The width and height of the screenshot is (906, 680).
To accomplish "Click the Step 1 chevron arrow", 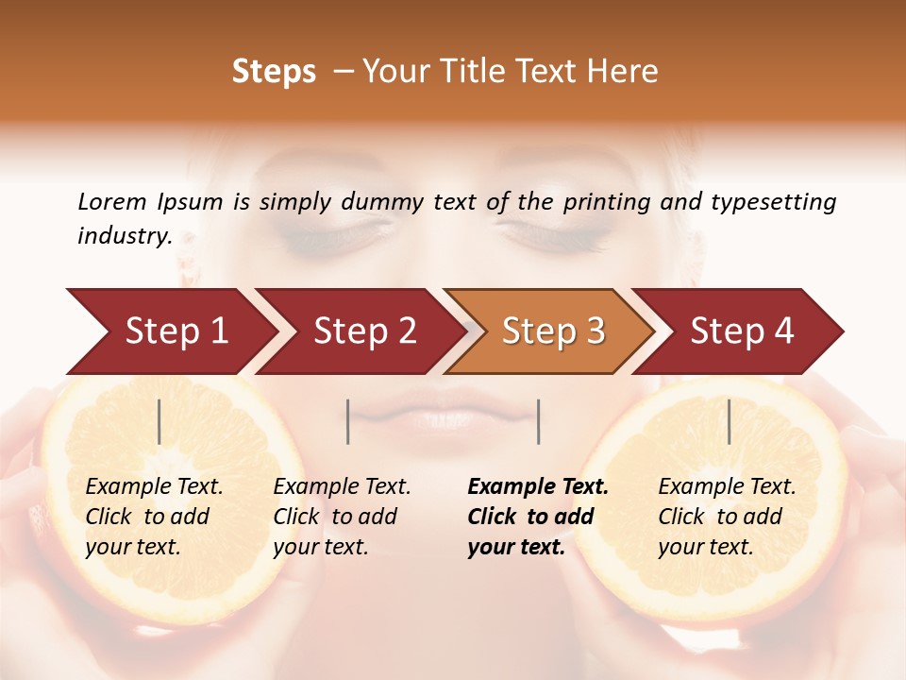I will coord(170,331).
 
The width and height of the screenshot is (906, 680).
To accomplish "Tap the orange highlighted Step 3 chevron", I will coord(551,331).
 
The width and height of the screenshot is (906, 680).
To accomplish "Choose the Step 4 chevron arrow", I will coord(740,331).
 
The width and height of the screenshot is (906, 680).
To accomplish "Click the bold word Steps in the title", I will coord(274,72).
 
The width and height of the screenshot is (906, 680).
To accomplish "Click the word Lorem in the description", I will coord(111,201).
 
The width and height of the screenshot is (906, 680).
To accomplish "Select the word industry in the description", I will coord(125,236).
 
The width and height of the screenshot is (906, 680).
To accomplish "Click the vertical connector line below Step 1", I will coord(159,421).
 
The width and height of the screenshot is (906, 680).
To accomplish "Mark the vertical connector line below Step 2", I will coord(348,421).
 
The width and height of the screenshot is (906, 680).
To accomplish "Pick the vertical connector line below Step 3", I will coord(538,421).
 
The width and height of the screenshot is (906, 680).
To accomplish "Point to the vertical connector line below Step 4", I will coord(729,421).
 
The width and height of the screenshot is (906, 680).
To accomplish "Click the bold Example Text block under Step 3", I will coord(537,517).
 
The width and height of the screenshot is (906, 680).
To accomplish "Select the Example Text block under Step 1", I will coord(154,517).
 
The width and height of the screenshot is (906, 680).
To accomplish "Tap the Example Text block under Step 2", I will coord(342,517).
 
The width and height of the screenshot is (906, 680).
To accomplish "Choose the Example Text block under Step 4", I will coord(727,517).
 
